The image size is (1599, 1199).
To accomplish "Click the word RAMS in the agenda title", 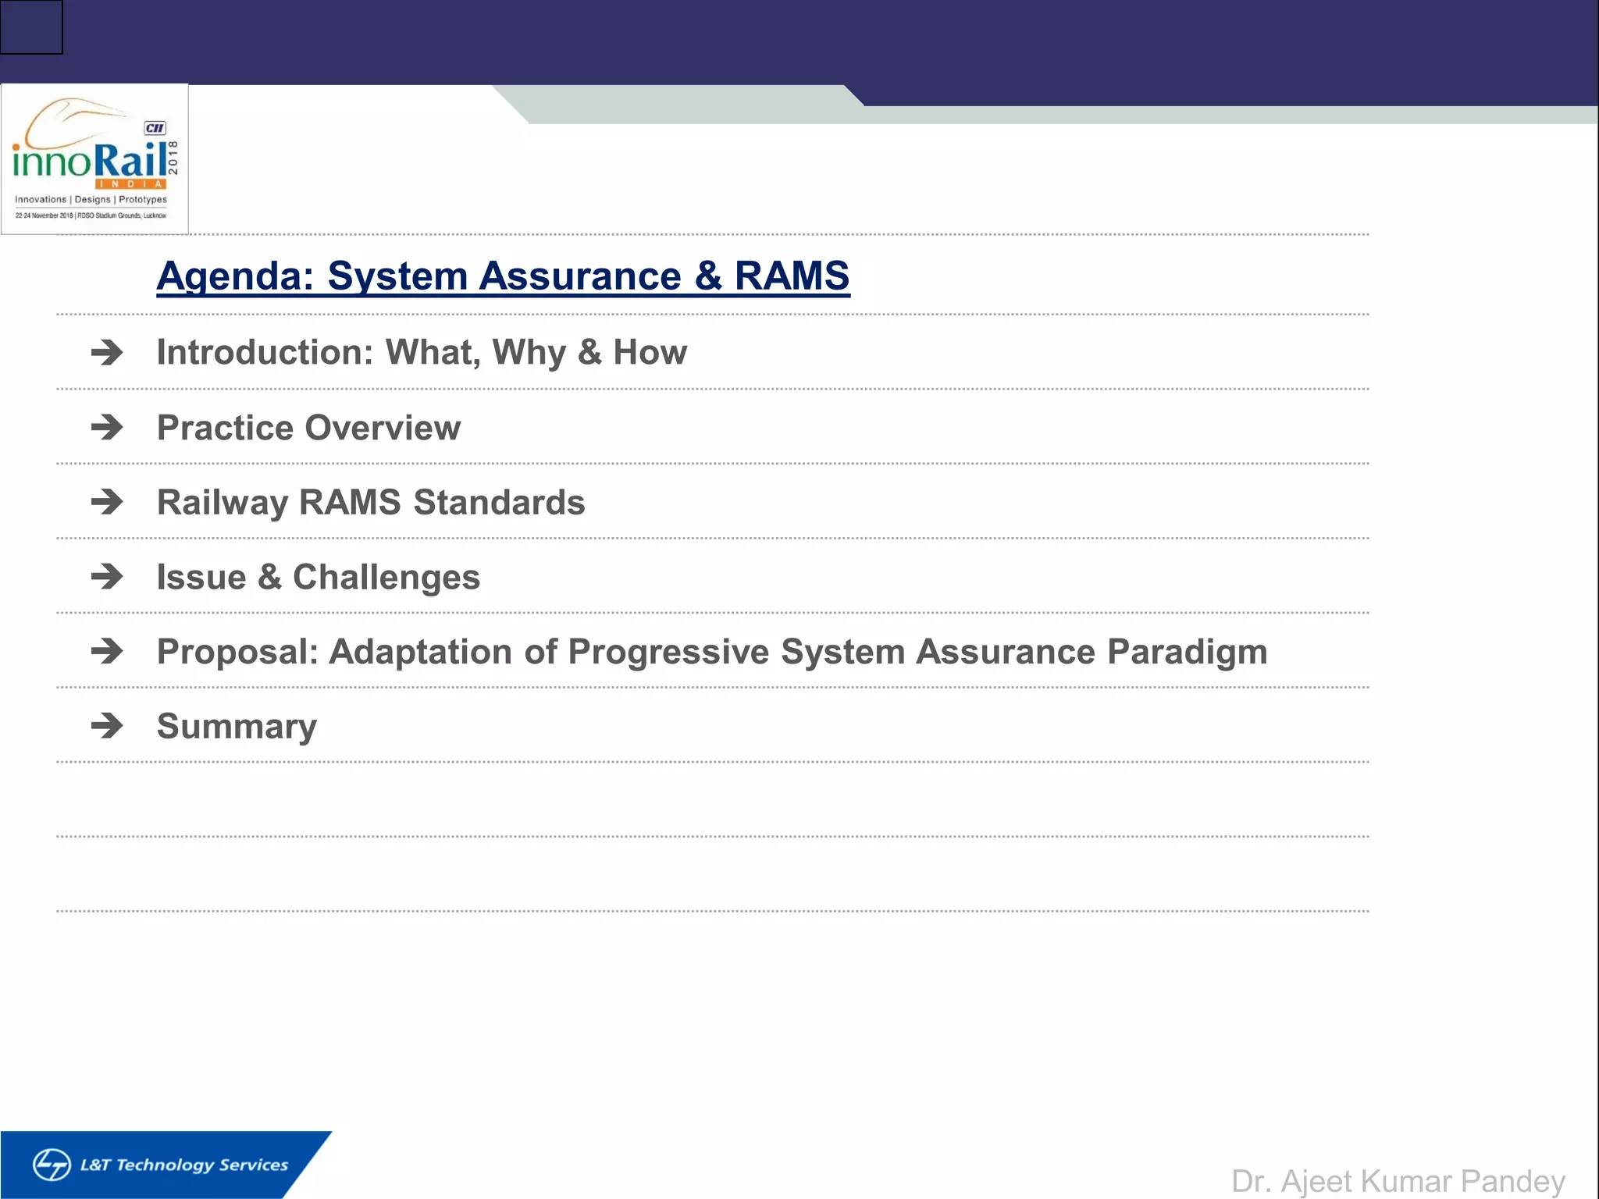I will [791, 276].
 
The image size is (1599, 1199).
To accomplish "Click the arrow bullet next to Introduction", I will [107, 353].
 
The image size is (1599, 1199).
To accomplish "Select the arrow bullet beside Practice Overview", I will [107, 427].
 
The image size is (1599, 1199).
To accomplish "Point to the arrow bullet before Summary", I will [107, 726].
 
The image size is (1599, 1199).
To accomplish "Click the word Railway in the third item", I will [222, 503].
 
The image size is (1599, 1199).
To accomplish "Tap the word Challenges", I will [386, 578].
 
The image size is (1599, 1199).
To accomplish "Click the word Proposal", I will [237, 652].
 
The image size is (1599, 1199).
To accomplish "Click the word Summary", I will [237, 727].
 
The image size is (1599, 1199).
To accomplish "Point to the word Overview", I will [383, 428].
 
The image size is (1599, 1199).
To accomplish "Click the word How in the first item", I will [650, 353].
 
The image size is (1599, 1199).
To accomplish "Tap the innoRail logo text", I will [91, 161].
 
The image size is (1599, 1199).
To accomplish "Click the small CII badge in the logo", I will [155, 128].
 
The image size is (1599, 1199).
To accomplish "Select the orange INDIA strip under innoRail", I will [131, 184].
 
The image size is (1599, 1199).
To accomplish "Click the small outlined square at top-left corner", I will [31, 27].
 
